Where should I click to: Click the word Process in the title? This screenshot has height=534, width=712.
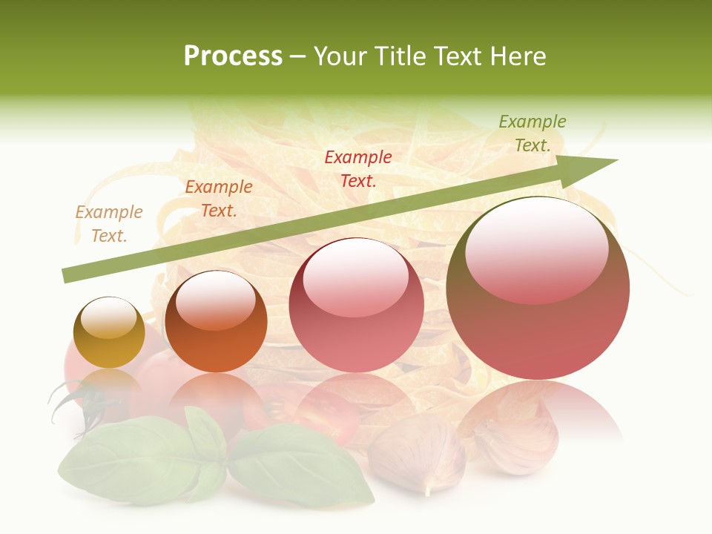click(x=233, y=56)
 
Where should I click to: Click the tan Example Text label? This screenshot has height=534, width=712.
click(x=109, y=224)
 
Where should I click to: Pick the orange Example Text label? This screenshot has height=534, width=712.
click(x=219, y=199)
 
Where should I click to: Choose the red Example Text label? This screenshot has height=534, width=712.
click(x=358, y=168)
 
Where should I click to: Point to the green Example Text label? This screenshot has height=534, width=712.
click(x=533, y=133)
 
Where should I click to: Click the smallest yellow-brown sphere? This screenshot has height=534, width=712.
click(x=109, y=333)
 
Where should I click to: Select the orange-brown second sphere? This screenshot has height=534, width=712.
click(x=216, y=322)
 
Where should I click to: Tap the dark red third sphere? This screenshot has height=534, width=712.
click(x=357, y=305)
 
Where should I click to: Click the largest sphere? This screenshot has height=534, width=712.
click(x=538, y=289)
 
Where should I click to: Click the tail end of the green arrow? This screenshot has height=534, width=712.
click(x=69, y=276)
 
